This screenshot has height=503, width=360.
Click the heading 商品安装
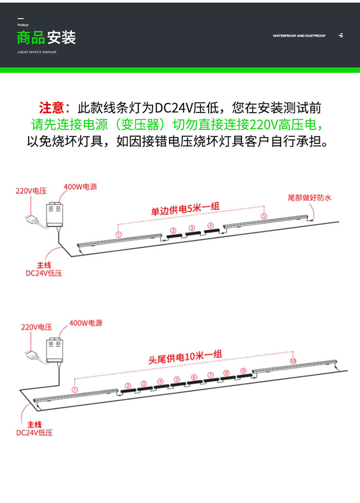pyautogui.click(x=46, y=37)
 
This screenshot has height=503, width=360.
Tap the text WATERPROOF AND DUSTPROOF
pyautogui.click(x=299, y=36)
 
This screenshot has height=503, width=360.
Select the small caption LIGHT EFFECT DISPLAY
pyautogui.click(x=37, y=52)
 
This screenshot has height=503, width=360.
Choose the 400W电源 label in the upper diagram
pyautogui.click(x=80, y=186)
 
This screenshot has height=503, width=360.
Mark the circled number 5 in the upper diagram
pyautogui.click(x=264, y=216)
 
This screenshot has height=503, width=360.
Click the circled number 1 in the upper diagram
pyautogui.click(x=118, y=233)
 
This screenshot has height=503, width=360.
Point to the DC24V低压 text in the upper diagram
pyautogui.click(x=44, y=273)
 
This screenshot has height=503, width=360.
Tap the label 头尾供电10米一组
pyautogui.click(x=185, y=357)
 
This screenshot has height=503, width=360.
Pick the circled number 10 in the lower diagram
pyautogui.click(x=293, y=361)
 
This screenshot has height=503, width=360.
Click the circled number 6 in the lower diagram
pyautogui.click(x=193, y=377)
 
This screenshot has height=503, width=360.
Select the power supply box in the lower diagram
pyautogui.click(x=54, y=349)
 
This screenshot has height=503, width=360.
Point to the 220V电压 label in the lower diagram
pyautogui.click(x=36, y=327)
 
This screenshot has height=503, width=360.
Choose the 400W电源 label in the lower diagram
pyautogui.click(x=85, y=323)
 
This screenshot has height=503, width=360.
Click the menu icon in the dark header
pyautogui.click(x=341, y=36)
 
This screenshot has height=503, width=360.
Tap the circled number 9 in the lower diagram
pyautogui.click(x=243, y=371)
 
